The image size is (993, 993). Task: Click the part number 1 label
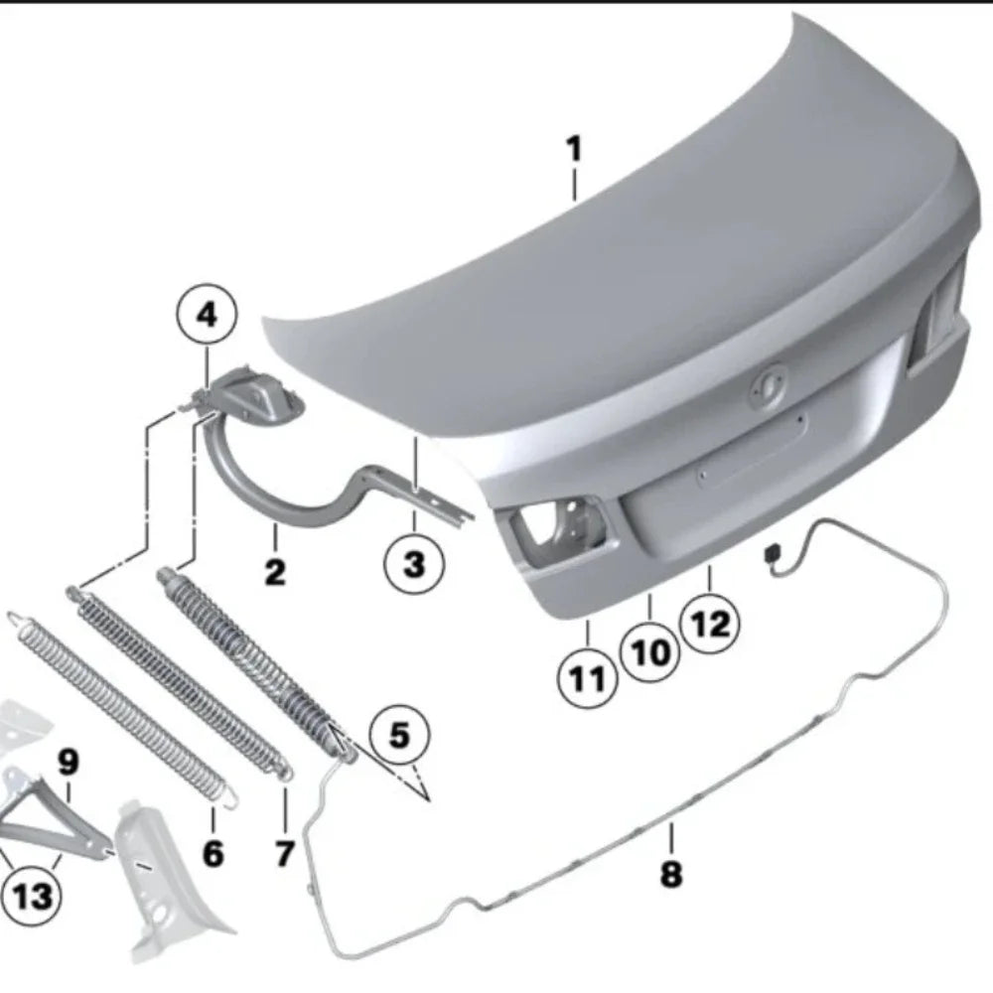click(573, 149)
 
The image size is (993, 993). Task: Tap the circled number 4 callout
click(208, 315)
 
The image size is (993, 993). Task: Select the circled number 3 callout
click(414, 563)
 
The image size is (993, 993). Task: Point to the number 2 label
click(275, 572)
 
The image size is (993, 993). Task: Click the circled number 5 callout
click(399, 735)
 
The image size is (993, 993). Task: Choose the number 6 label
click(213, 853)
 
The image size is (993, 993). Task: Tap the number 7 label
click(284, 853)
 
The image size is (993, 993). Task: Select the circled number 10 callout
click(649, 652)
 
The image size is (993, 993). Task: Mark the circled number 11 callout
click(587, 678)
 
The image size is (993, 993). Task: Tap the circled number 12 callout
click(709, 624)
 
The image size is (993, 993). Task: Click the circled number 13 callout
click(31, 896)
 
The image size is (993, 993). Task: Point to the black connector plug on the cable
click(773, 554)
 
